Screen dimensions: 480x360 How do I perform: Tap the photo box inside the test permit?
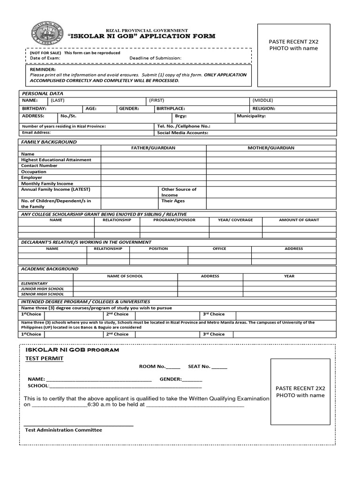click(x=300, y=391)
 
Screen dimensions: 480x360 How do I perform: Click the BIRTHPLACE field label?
click(x=171, y=108)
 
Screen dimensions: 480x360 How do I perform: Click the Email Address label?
click(x=37, y=133)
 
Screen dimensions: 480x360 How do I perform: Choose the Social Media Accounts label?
click(x=183, y=133)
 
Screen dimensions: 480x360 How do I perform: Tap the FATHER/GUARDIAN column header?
click(x=153, y=148)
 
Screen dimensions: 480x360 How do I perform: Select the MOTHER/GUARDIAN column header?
click(x=271, y=148)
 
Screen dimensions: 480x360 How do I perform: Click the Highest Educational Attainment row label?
click(x=56, y=160)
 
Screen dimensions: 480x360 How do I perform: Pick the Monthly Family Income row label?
click(x=47, y=184)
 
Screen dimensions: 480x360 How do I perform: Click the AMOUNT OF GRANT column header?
click(x=299, y=220)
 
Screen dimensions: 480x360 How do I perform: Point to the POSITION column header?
click(x=158, y=249)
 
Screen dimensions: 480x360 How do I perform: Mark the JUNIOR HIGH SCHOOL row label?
click(x=43, y=289)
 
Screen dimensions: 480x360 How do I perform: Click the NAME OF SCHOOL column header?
click(x=125, y=276)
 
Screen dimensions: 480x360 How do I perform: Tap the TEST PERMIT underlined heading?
click(x=44, y=359)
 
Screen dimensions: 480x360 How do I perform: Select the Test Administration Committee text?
click(x=63, y=430)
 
